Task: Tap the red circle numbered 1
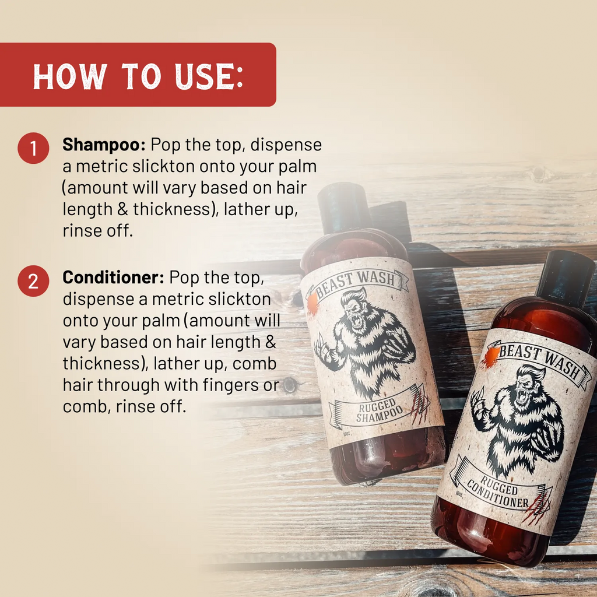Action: tap(33, 148)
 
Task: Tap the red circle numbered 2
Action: tap(33, 281)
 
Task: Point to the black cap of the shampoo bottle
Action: tap(344, 208)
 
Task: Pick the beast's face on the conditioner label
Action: tap(526, 388)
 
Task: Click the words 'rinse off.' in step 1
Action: tap(98, 230)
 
